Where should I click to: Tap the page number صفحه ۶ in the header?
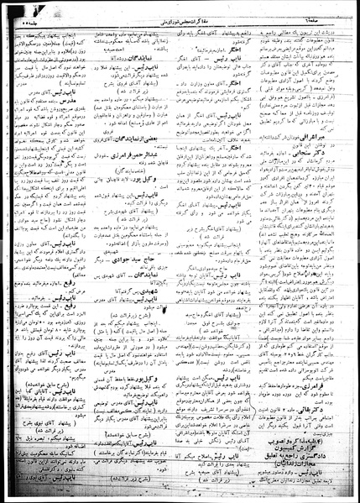[330, 8]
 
